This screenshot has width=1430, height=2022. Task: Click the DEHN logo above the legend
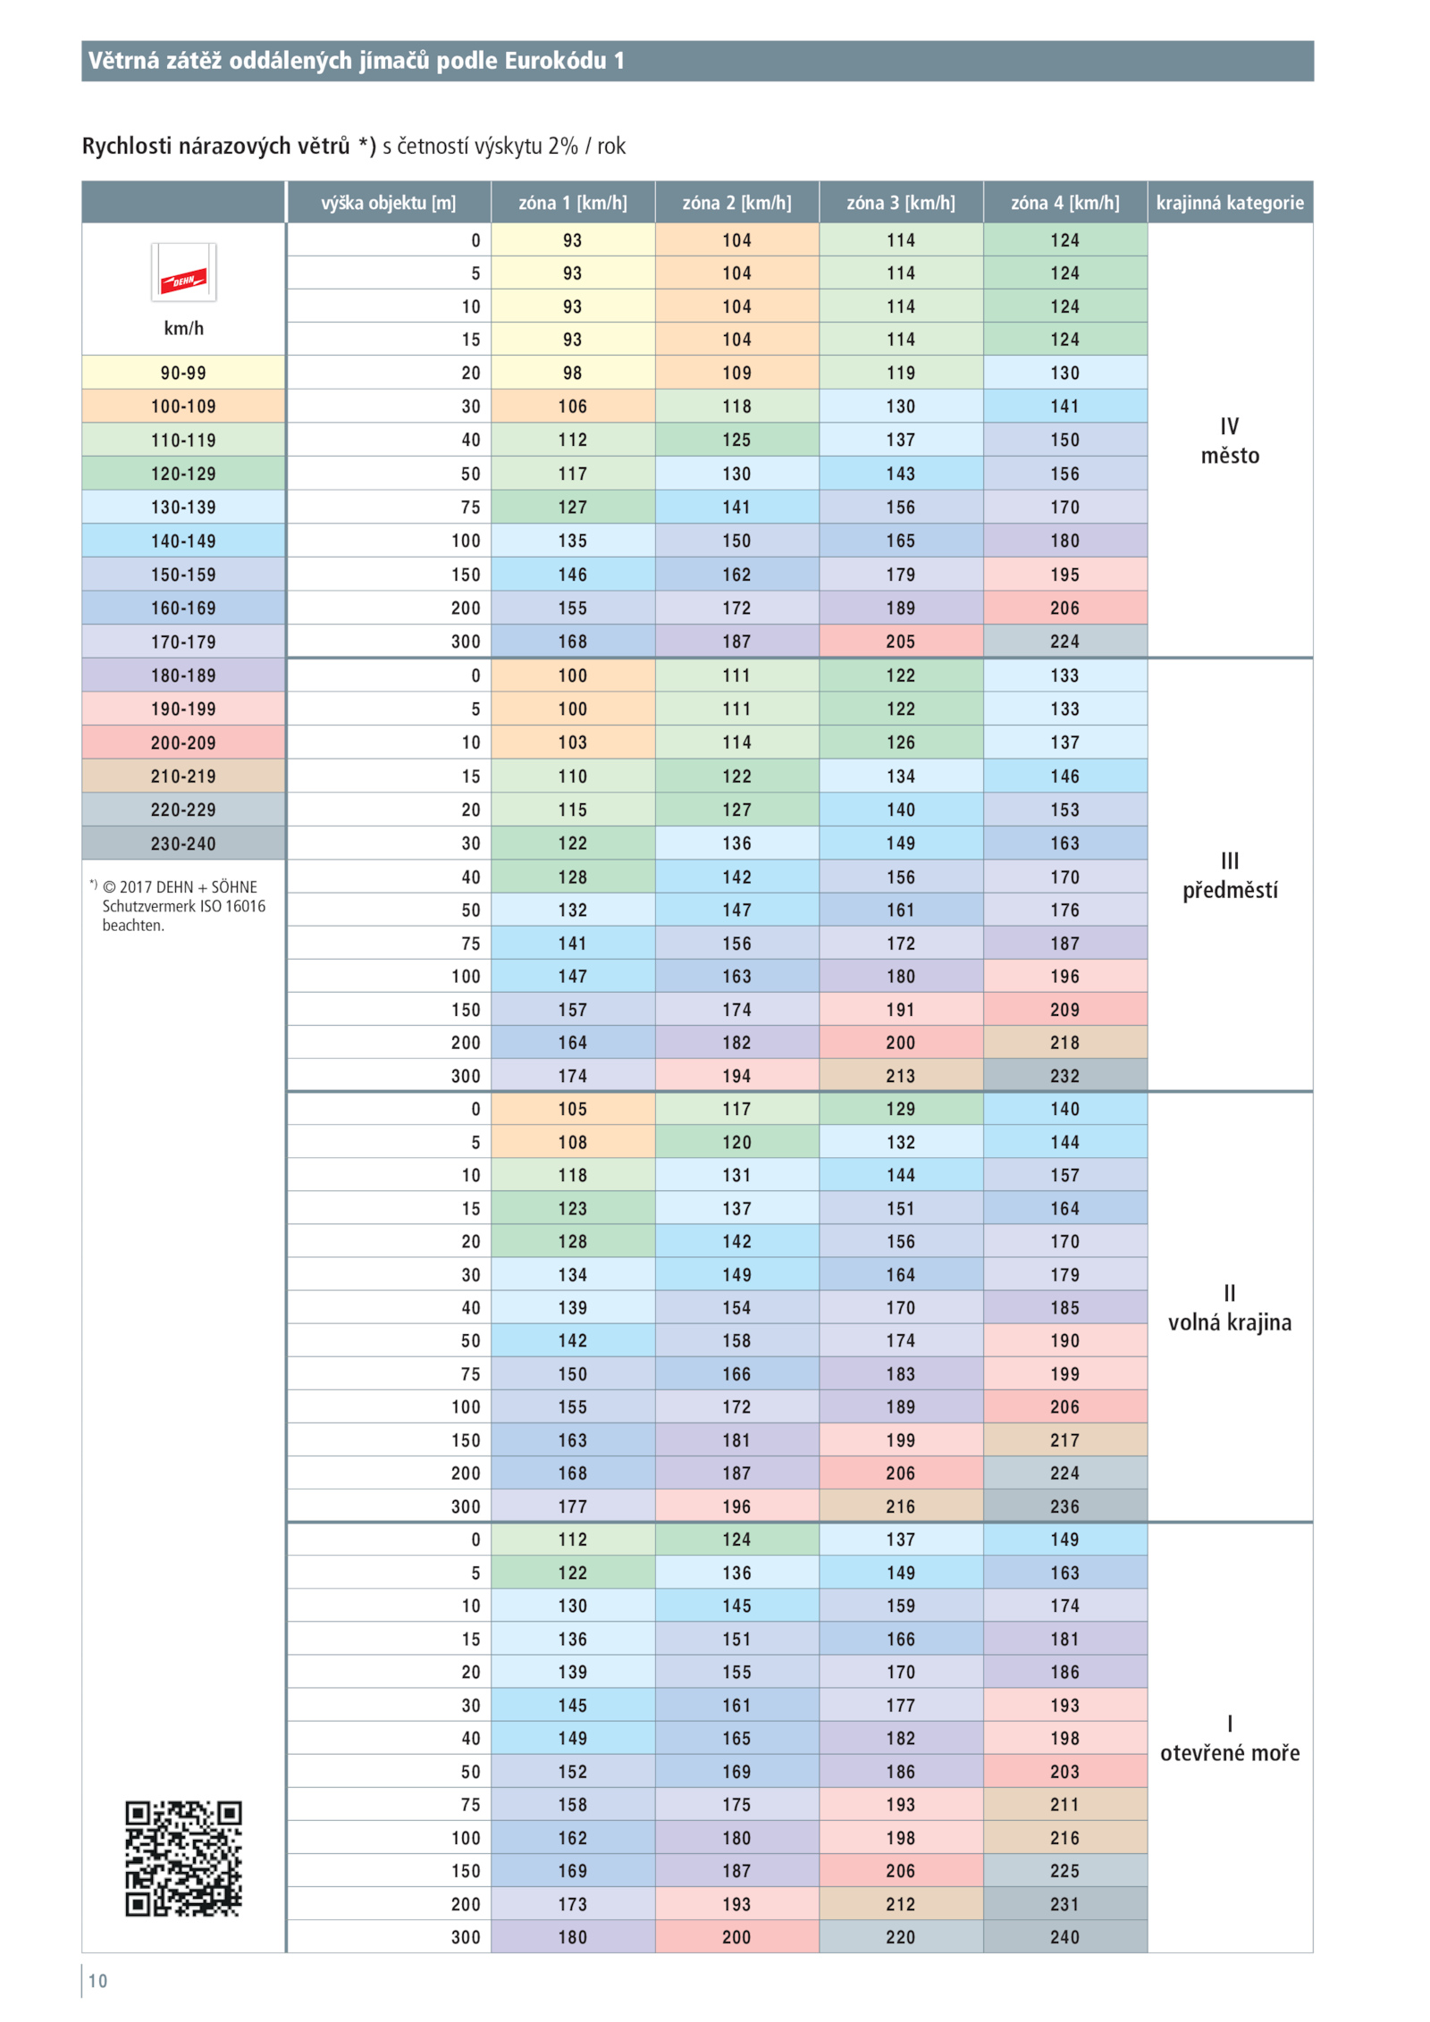tap(183, 273)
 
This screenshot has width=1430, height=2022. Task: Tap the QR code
tap(183, 1858)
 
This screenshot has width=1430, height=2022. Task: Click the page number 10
tap(97, 1981)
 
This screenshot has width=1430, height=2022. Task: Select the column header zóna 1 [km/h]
tap(572, 203)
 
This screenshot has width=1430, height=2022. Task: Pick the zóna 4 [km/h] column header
tap(1064, 203)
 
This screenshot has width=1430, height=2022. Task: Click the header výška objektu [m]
tap(388, 203)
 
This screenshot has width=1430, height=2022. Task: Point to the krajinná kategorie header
tap(1230, 203)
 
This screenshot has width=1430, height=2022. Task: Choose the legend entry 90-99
tap(183, 373)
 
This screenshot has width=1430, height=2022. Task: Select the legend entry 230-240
tap(183, 843)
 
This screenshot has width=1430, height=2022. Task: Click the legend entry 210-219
tap(183, 776)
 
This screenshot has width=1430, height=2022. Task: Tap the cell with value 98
tap(572, 373)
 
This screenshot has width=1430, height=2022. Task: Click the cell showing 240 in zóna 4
tap(1064, 1937)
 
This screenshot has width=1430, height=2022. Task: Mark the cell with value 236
tap(1064, 1506)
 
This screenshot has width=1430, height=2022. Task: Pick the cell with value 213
tap(901, 1076)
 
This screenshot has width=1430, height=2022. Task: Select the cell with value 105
tap(572, 1109)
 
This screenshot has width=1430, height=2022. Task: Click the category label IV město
tap(1230, 441)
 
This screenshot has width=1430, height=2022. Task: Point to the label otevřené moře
tap(1230, 1753)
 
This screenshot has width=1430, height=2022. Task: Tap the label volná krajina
tap(1230, 1322)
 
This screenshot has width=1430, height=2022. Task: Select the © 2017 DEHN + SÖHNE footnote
tap(180, 886)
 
